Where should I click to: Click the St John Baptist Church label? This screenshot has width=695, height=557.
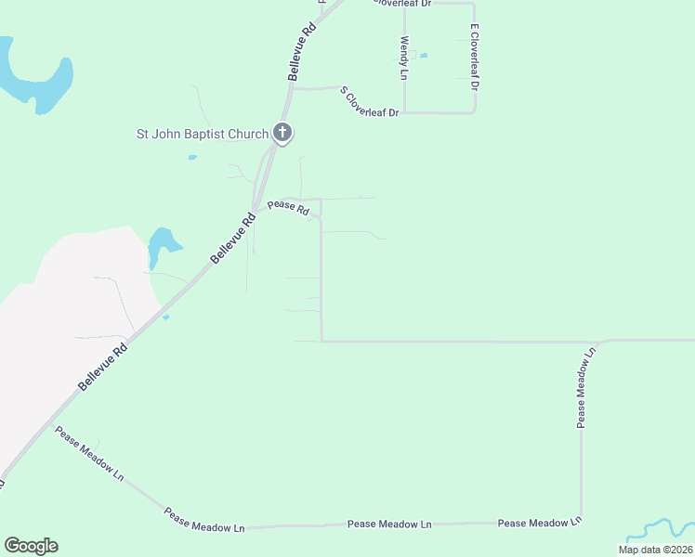coord(203,134)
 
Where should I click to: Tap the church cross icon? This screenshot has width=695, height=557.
coord(283,133)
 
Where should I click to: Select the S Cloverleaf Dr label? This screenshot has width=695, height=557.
coord(369,101)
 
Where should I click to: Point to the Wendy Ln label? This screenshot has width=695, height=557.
coord(404,58)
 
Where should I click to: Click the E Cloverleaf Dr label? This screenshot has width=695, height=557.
coord(474,57)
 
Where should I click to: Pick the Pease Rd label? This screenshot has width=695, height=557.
coord(288,208)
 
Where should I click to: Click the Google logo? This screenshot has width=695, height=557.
coord(31,546)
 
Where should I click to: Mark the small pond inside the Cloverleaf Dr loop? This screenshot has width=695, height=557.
coord(424,56)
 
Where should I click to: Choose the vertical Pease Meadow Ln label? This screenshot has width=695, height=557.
coord(582,389)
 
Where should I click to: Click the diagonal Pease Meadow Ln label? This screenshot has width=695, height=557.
coord(89,454)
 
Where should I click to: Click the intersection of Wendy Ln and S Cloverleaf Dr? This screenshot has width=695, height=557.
coord(404,112)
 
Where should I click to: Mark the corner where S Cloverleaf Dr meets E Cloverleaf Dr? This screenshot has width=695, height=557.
coord(475,111)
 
